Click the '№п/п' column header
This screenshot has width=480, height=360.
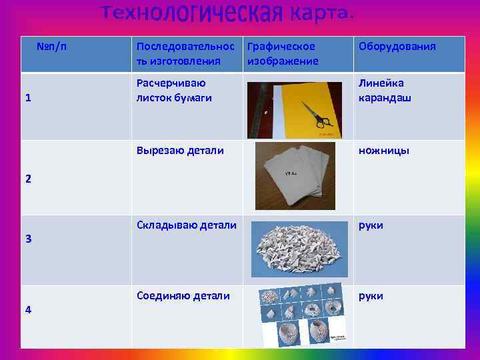coord(51,47)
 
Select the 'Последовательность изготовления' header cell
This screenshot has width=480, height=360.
coord(185,53)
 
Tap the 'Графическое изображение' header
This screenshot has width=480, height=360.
coord(282,53)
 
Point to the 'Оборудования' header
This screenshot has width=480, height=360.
coord(397,47)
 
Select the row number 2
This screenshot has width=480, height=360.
coord(28,179)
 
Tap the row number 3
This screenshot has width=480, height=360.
coord(28,239)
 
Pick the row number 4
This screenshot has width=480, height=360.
coord(28,309)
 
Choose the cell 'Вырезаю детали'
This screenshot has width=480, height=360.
coord(179,151)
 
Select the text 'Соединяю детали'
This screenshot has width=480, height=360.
coord(183,295)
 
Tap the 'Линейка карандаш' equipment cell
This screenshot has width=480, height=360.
coord(385,91)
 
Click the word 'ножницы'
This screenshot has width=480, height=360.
coord(383,151)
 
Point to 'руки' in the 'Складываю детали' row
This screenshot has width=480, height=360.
coord(371,225)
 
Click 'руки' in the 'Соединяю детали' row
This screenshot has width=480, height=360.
coord(371,295)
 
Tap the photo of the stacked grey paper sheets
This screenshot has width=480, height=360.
coord(295,175)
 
